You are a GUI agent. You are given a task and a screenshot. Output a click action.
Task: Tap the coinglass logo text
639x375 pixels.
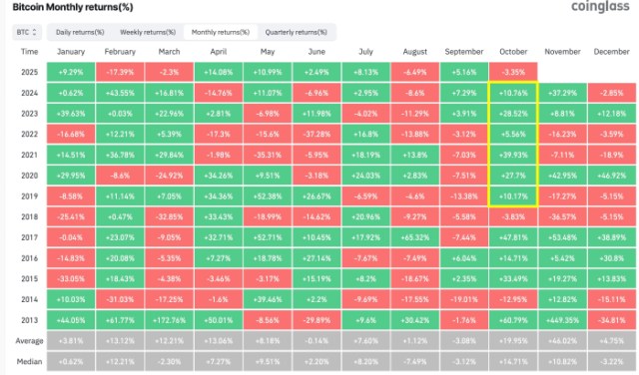click(597, 7)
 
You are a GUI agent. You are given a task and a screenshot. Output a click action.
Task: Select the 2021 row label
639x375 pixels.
click(30, 155)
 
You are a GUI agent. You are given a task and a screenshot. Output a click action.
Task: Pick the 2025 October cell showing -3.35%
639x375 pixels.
click(513, 73)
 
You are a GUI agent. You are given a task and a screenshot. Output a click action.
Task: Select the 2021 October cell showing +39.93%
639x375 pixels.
click(513, 155)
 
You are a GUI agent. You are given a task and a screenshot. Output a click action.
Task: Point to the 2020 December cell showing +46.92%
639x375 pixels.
click(611, 177)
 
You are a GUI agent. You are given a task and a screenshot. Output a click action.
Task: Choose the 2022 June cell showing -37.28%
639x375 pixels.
click(318, 134)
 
